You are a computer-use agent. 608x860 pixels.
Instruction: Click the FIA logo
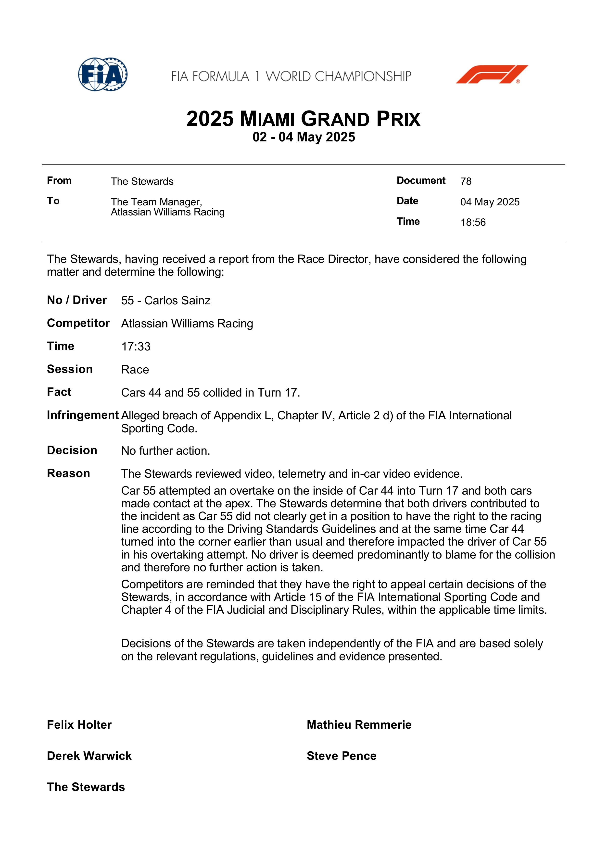click(x=103, y=74)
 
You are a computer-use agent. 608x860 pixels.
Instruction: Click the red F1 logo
click(x=492, y=74)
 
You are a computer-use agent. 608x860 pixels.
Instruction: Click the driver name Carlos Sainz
click(x=177, y=300)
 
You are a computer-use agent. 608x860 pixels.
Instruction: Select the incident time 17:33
click(x=136, y=347)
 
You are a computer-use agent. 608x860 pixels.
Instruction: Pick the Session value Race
click(x=135, y=370)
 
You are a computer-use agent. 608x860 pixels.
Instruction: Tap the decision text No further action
click(x=165, y=451)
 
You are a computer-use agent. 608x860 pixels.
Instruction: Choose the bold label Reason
click(x=69, y=474)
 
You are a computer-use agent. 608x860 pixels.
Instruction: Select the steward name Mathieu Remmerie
click(x=359, y=725)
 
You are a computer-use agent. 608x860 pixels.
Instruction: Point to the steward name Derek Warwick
click(x=89, y=756)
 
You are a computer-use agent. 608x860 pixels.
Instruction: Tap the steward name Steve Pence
click(x=341, y=756)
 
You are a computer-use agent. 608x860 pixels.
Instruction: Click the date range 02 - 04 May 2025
click(x=304, y=137)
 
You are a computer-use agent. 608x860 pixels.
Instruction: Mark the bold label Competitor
click(x=78, y=323)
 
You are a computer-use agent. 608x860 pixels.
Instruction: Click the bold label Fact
click(x=59, y=392)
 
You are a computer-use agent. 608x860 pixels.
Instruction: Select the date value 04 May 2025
click(x=490, y=202)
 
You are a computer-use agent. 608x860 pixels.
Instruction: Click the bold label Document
click(x=421, y=181)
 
